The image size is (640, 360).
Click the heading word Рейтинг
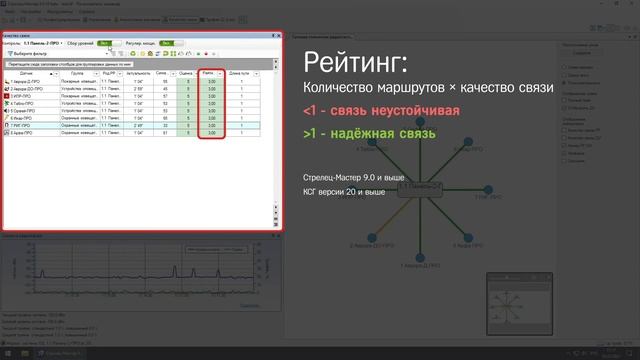[355, 63]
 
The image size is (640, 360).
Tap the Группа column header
[78, 73]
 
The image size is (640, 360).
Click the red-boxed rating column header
[208, 73]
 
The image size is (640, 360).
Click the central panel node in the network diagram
[421, 187]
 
